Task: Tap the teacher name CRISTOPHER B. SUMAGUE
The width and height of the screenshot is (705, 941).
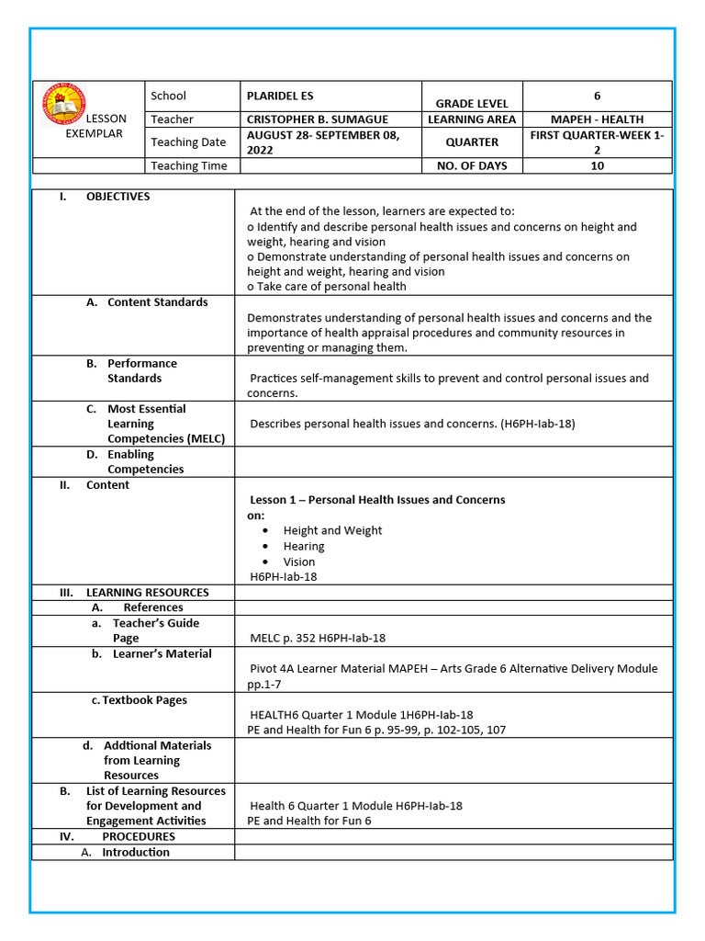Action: (317, 119)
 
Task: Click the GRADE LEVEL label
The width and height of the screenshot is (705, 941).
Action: (472, 104)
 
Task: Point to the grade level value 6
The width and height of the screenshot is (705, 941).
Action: (597, 96)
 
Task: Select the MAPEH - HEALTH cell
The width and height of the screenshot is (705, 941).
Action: (597, 119)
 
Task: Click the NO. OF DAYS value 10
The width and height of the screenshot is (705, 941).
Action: (597, 166)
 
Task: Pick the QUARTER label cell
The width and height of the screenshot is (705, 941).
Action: (472, 142)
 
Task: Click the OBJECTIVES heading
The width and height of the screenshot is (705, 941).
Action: (117, 197)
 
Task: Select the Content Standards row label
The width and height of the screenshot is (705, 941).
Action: (157, 302)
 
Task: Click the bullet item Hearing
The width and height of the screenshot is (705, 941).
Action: (304, 547)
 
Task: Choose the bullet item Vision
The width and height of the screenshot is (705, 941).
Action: (299, 562)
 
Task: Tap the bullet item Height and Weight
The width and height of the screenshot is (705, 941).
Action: (332, 531)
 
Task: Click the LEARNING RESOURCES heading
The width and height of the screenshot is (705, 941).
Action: (147, 593)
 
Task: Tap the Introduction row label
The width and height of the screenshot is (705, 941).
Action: (135, 853)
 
